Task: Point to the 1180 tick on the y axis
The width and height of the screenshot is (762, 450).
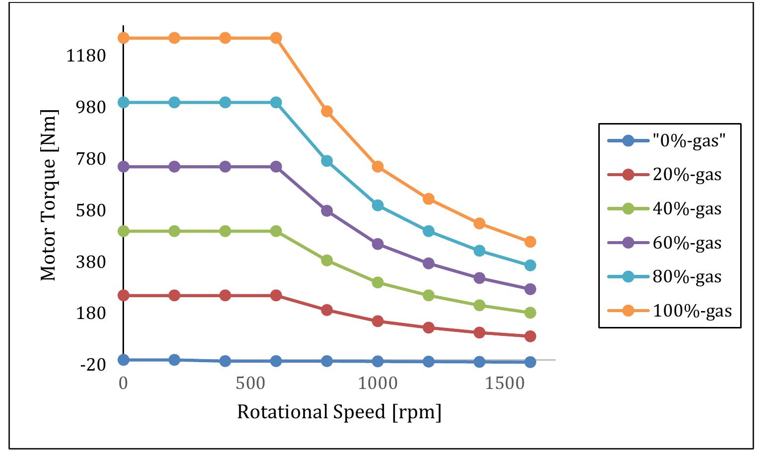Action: (87, 56)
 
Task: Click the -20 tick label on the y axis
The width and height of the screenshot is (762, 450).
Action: (93, 365)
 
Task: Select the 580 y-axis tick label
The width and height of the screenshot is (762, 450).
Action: (90, 210)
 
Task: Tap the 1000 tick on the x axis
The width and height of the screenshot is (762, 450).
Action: (379, 384)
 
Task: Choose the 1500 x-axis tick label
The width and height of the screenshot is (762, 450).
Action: (506, 384)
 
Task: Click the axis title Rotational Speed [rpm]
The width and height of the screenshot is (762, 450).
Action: (339, 412)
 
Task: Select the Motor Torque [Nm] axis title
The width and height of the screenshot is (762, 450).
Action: (49, 195)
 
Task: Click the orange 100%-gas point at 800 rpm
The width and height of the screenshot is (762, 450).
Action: (326, 112)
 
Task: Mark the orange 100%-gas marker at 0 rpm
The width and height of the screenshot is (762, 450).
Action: (124, 38)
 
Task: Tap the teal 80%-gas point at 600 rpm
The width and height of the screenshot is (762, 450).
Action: (276, 103)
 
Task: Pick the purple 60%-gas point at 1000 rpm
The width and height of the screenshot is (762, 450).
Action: (378, 244)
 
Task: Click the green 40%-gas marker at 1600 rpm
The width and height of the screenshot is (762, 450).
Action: (530, 313)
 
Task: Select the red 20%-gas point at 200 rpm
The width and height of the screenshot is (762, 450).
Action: (174, 296)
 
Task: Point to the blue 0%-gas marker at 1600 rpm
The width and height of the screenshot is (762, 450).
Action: (530, 362)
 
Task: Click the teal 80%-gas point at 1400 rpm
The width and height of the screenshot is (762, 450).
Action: (479, 251)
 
